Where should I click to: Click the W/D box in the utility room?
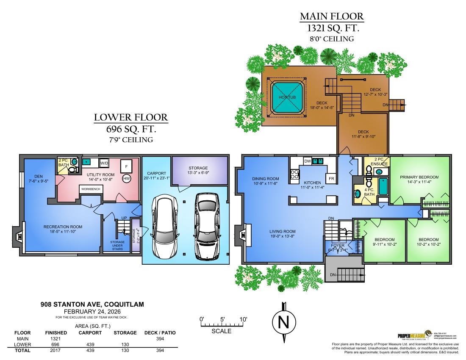pyautogui.click(x=104, y=163)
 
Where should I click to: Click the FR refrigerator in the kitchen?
pyautogui.click(x=331, y=179)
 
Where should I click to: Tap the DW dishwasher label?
pyautogui.click(x=308, y=161)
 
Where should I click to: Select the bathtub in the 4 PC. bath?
pyautogui.click(x=383, y=187)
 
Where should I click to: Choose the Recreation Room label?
pyautogui.click(x=63, y=227)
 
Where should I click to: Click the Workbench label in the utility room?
pyautogui.click(x=91, y=188)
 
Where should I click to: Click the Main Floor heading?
pyautogui.click(x=332, y=17)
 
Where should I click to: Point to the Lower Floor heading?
pyautogui.click(x=131, y=117)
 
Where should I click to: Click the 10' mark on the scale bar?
pyautogui.click(x=243, y=319)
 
